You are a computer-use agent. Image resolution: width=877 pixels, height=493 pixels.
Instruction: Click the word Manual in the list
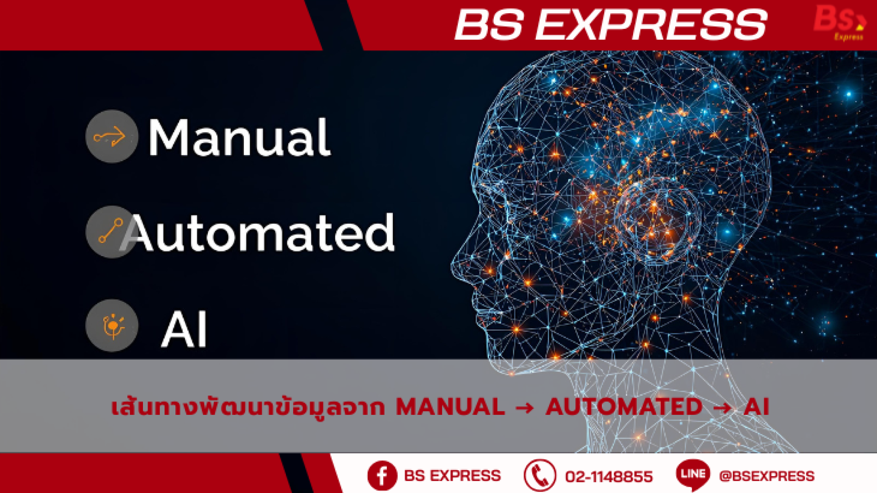click(x=239, y=137)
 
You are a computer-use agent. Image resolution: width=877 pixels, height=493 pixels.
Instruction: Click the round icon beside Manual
click(x=111, y=136)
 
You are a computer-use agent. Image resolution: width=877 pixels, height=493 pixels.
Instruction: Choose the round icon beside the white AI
click(x=112, y=326)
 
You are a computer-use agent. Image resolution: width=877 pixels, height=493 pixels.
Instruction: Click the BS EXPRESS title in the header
click(x=611, y=25)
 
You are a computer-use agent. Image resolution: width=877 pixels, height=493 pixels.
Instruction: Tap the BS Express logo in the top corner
click(x=840, y=22)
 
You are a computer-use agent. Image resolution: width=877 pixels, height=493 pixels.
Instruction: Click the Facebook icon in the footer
click(x=382, y=476)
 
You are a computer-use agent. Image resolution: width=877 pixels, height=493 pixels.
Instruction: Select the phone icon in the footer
click(x=539, y=476)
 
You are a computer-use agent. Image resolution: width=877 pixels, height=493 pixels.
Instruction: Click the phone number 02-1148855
click(x=609, y=477)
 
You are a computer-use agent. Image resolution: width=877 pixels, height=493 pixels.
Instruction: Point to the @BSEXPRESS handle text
click(x=766, y=476)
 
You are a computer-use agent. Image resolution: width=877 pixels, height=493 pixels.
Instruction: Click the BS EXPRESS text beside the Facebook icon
click(x=452, y=476)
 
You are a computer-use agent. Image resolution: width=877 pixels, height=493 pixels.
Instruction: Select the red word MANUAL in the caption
click(x=450, y=407)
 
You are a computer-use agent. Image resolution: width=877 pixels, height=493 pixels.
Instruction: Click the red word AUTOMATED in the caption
click(x=624, y=407)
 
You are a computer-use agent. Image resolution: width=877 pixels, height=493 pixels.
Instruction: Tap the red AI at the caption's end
click(x=756, y=407)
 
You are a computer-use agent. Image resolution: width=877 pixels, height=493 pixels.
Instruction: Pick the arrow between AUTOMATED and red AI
click(x=723, y=407)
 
